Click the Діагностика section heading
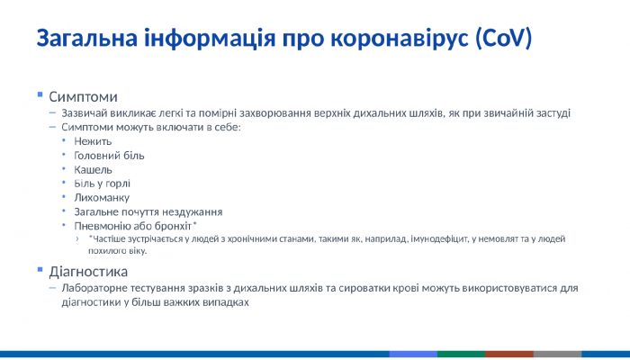[88, 271]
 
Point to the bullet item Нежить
[93, 141]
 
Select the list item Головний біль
[109, 155]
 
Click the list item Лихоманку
[102, 197]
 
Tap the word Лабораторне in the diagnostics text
[95, 288]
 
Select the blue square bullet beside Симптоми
[40, 94]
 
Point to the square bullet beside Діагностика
[40, 269]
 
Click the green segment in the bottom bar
[461, 355]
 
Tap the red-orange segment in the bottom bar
[509, 355]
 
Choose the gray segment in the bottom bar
[557, 355]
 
